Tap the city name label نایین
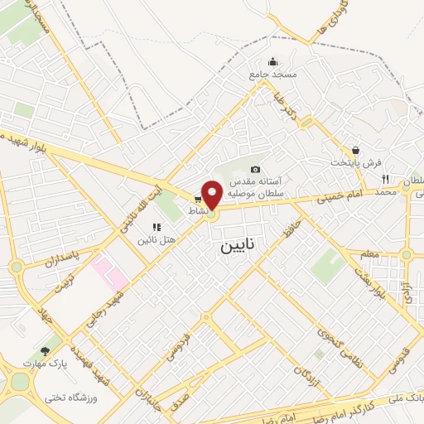click(239, 247)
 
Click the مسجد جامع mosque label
click(272, 75)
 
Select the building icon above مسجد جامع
click(272, 61)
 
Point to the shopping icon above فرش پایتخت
click(355, 150)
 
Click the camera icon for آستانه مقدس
click(255, 169)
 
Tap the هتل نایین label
click(157, 239)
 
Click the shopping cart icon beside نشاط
click(197, 199)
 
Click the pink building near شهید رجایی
click(105, 268)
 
